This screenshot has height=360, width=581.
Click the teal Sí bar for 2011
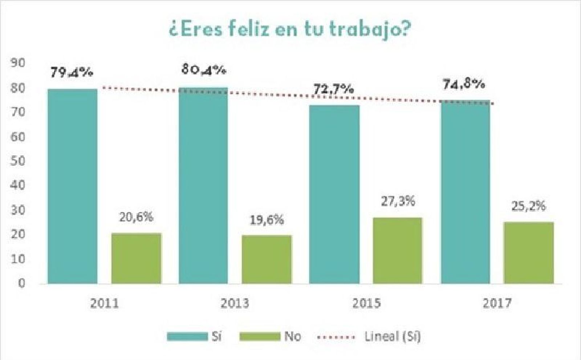tap(73, 186)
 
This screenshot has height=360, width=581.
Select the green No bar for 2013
tap(267, 259)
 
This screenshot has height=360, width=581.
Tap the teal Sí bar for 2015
tap(334, 194)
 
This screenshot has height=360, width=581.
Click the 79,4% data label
tap(72, 73)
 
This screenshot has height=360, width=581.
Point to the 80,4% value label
tap(204, 70)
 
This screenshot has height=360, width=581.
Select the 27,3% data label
tap(398, 201)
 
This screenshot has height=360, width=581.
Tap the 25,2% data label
tap(528, 206)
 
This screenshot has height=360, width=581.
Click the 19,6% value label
tap(267, 220)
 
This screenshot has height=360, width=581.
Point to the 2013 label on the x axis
tap(235, 303)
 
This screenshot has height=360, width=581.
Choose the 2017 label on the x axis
tap(497, 303)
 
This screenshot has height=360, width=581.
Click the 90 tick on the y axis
tap(18, 63)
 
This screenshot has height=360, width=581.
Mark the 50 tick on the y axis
tap(18, 161)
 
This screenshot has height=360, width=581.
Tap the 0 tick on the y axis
tap(21, 283)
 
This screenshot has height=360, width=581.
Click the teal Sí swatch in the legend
tap(187, 336)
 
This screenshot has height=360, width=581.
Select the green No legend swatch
tap(260, 336)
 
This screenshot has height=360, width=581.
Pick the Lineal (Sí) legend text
tap(392, 336)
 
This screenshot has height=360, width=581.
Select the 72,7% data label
tap(333, 89)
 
